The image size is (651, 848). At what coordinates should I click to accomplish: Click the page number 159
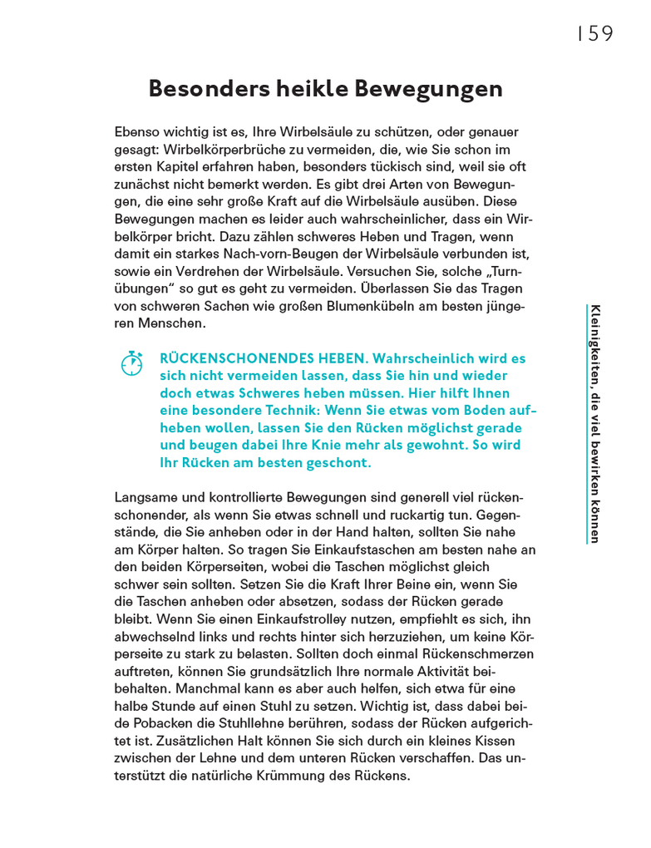(x=594, y=34)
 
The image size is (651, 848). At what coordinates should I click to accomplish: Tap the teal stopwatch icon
(x=132, y=363)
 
